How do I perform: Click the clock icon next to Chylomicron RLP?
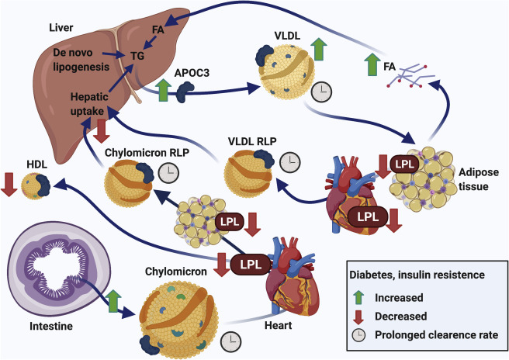(x=166, y=172)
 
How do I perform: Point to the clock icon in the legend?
(x=358, y=335)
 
